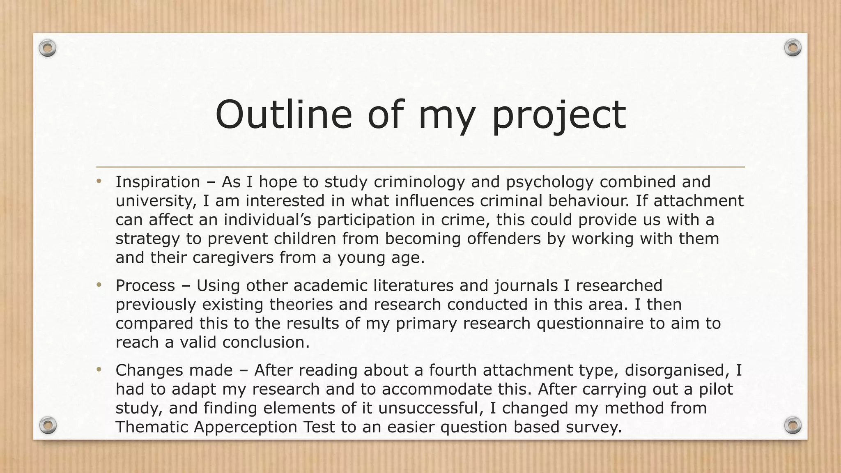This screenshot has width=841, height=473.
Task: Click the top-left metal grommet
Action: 48,48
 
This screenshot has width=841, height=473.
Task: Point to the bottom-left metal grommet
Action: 48,425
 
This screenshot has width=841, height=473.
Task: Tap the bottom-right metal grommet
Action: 793,425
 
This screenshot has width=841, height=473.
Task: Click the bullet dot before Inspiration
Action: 99,181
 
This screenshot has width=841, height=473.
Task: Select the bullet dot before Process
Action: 99,285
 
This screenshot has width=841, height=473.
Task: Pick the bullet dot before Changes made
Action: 99,370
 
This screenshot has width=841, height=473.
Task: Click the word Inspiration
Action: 158,182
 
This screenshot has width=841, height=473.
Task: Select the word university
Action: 153,201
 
